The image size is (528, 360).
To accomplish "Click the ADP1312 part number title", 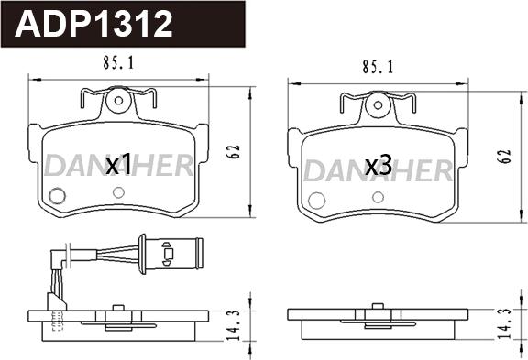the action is coord(93,24).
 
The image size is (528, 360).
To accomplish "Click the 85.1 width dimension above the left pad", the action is coord(118,63).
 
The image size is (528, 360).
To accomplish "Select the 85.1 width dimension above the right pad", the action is coord(378,67).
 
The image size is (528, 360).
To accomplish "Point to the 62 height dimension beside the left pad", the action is coord(233,152).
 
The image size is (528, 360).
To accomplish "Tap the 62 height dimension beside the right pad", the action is coord(505,156).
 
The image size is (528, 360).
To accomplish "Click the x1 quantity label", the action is coord(118,164).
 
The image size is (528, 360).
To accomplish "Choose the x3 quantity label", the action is coord(379,166).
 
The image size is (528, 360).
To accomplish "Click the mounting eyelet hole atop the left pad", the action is coord(118,100).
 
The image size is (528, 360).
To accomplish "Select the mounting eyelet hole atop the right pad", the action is coord(378,105).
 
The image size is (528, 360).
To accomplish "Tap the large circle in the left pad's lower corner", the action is coord(57,196).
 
